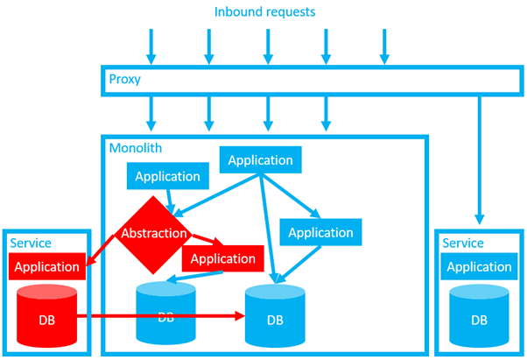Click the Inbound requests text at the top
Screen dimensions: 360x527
(x=264, y=12)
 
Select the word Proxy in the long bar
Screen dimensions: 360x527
(x=124, y=80)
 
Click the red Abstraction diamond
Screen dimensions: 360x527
(x=154, y=233)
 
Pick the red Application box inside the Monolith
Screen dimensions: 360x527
(x=222, y=258)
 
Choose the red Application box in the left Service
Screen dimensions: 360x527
(x=48, y=266)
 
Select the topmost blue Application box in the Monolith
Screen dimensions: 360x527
(x=261, y=160)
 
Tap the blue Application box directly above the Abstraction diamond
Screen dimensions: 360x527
(x=167, y=176)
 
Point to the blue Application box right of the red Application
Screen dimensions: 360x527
(x=320, y=232)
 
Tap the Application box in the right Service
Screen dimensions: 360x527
(x=479, y=266)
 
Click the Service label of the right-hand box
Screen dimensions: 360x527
(x=463, y=243)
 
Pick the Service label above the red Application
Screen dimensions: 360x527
(x=30, y=243)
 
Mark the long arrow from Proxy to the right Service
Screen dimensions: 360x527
(x=479, y=158)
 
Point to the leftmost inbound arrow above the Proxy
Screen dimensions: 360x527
(x=151, y=46)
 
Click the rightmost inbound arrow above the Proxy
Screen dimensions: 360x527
(x=383, y=46)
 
